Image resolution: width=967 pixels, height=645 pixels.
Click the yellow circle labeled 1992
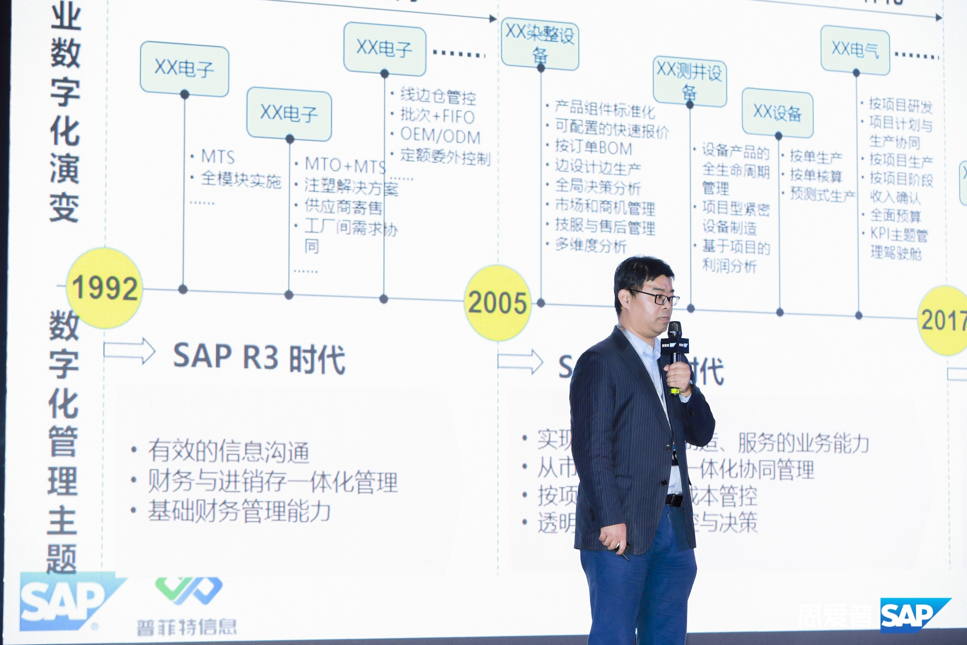tap(105, 288)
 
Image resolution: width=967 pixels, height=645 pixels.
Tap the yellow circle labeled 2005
tap(498, 302)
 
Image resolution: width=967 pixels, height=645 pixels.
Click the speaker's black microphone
tap(675, 343)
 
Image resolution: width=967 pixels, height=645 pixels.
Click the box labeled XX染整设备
tap(540, 44)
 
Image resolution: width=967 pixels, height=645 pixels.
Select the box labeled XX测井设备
tap(689, 81)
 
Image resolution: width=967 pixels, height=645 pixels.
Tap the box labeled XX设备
tap(777, 113)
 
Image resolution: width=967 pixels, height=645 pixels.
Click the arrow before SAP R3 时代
tap(129, 350)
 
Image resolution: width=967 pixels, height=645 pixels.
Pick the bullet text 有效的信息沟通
tap(229, 451)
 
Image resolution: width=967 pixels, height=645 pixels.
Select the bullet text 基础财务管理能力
tap(239, 511)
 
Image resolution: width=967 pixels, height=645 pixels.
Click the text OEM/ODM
tap(440, 136)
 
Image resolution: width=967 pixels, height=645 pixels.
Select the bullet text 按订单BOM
tap(593, 148)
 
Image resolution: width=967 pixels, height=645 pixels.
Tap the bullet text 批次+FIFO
tap(437, 116)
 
